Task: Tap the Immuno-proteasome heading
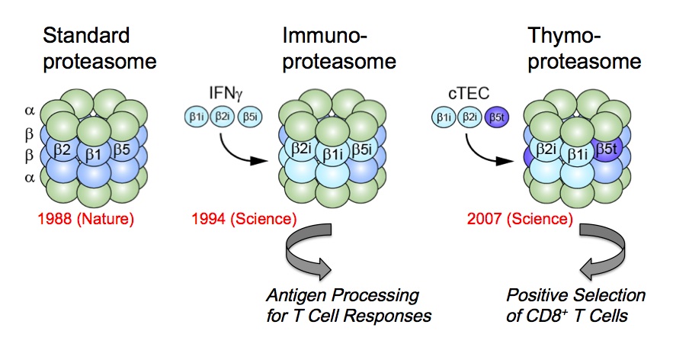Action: point(325,47)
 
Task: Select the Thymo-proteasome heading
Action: point(569,47)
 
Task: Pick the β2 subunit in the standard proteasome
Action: point(62,150)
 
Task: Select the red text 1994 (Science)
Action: point(244,220)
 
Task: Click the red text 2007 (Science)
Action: point(521,220)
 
